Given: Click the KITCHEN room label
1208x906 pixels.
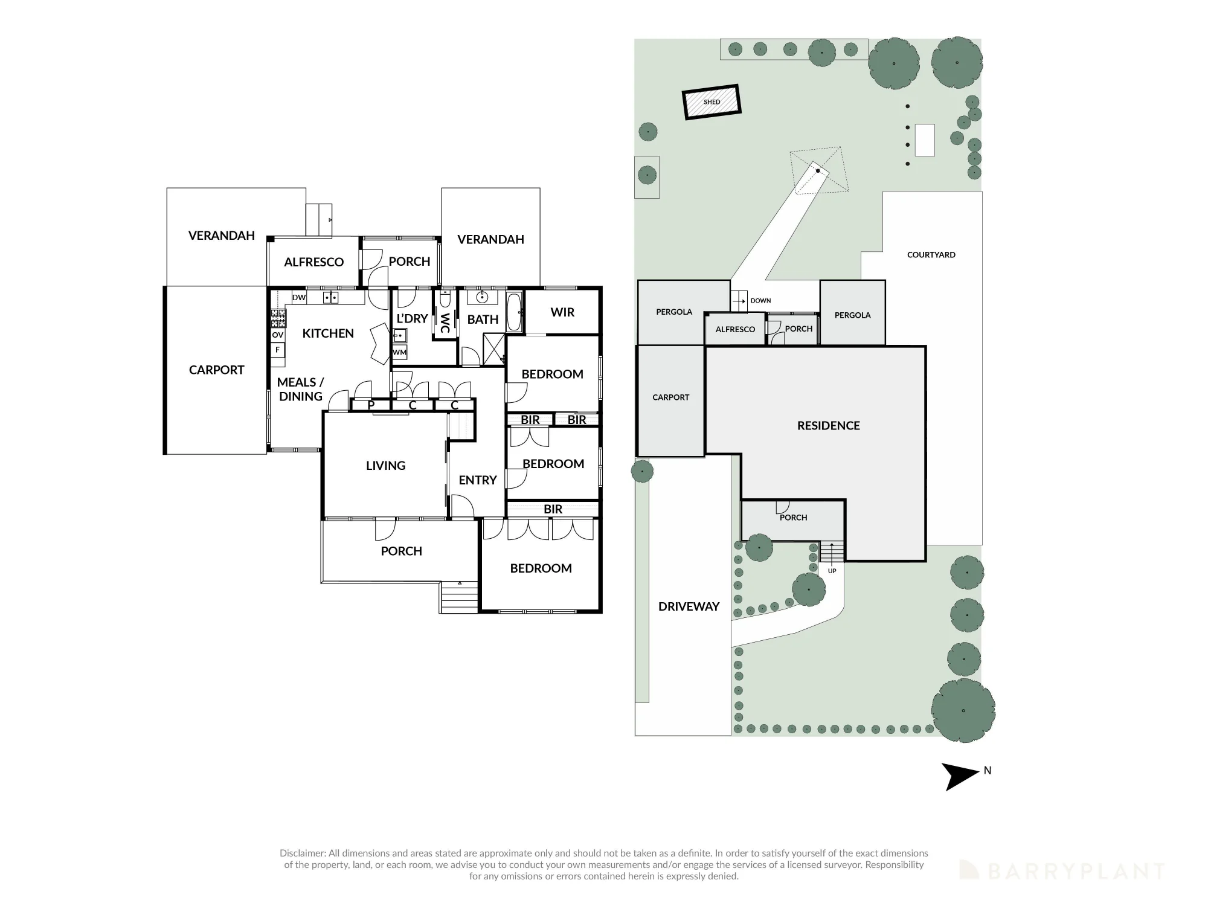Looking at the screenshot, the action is [x=328, y=333].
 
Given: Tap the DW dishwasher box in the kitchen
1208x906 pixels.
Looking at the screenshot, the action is [x=299, y=297].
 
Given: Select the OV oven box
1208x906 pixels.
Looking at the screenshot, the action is [x=278, y=335].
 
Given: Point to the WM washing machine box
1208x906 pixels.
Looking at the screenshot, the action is [x=399, y=352].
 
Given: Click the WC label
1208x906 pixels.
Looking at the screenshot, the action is [x=445, y=323].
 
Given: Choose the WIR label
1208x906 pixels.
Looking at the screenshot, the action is [x=562, y=312].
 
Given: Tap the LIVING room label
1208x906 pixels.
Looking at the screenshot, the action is [x=385, y=466].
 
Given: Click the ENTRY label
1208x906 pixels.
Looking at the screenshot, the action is [x=477, y=480].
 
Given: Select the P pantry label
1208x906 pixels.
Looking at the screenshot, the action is [x=371, y=405].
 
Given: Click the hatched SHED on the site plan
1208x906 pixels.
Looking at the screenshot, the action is [x=712, y=102].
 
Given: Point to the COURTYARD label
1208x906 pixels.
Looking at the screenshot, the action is [x=931, y=255].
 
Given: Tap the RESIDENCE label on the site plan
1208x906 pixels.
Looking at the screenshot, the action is [x=828, y=426].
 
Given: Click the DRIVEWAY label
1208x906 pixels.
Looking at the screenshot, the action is [x=689, y=606].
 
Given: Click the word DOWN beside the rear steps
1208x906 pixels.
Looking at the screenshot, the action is [x=760, y=301].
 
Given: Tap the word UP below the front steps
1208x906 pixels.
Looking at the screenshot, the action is [x=832, y=571].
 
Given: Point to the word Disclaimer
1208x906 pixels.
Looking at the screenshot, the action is [x=302, y=853].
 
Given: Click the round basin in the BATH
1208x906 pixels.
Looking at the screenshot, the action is [x=482, y=298].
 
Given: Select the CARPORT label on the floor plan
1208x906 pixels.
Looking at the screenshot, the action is [x=216, y=370].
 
